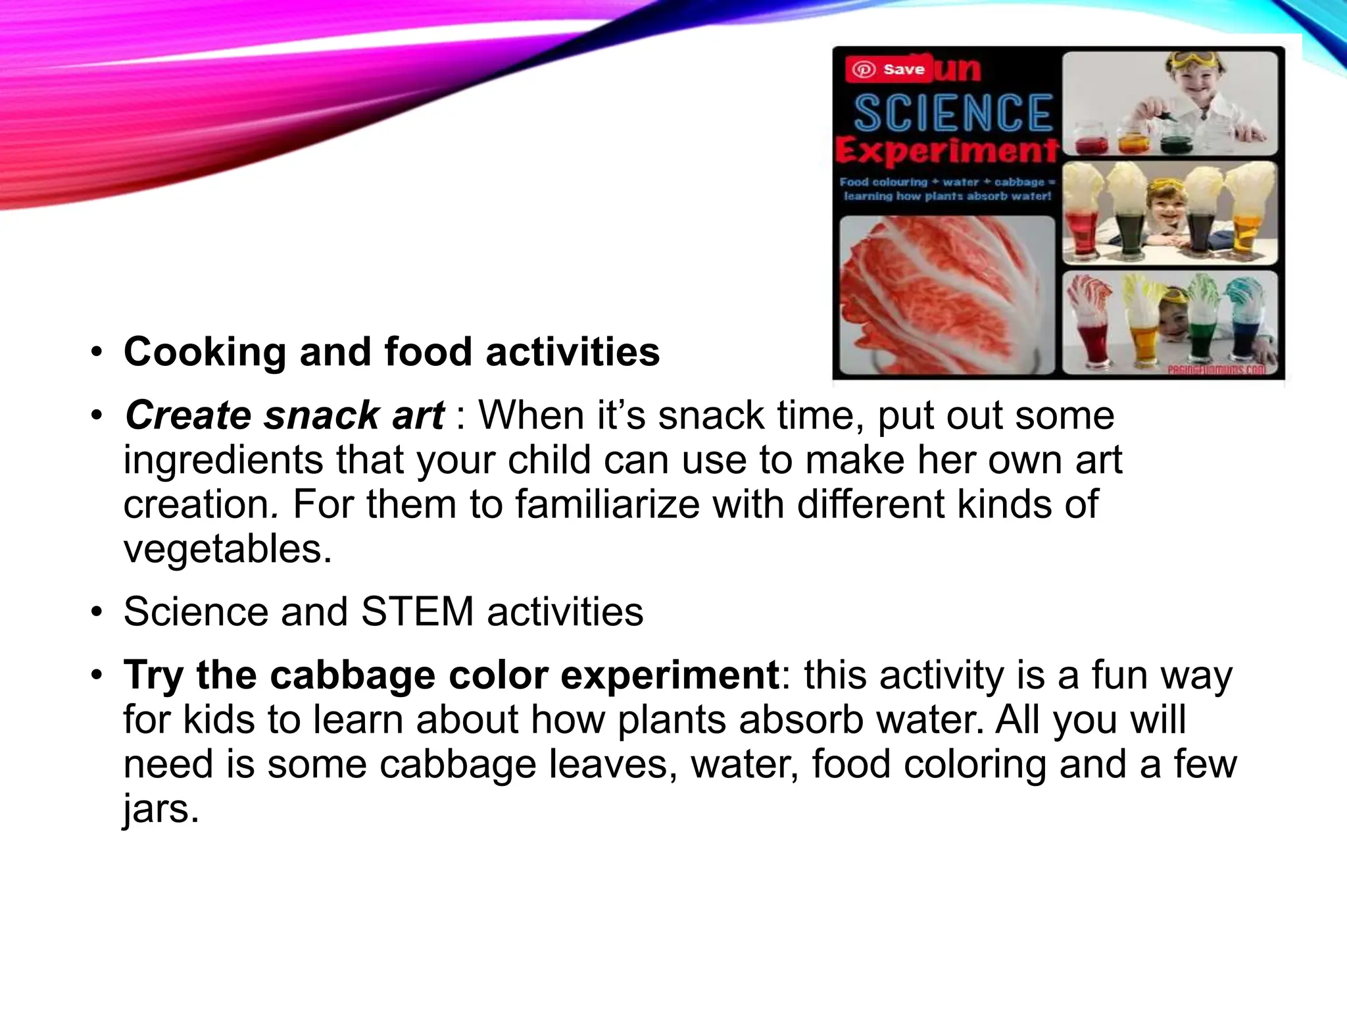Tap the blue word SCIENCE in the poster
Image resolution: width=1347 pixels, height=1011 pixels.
(953, 113)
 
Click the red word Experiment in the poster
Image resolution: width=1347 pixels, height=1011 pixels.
(947, 151)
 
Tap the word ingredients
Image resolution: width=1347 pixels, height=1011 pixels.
(223, 460)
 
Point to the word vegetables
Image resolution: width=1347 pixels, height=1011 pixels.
(228, 549)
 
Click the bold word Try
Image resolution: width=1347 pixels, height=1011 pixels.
(153, 675)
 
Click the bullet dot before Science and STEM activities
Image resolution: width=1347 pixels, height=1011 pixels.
(97, 612)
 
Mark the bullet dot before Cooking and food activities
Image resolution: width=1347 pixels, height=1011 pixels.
(97, 353)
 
